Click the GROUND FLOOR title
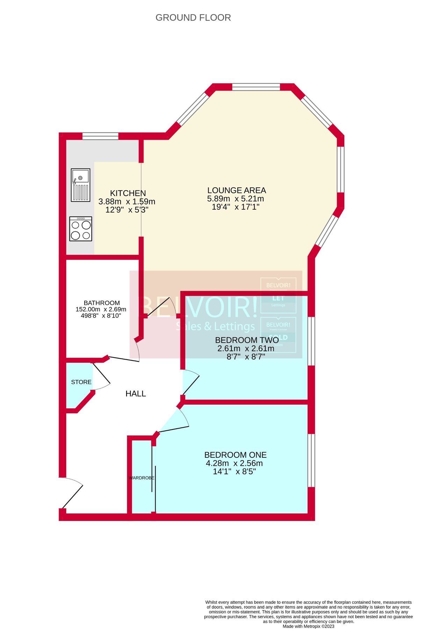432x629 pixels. click(x=193, y=17)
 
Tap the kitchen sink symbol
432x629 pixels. click(x=80, y=185)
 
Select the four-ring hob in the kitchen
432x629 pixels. click(x=81, y=229)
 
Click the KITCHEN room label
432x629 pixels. click(x=128, y=193)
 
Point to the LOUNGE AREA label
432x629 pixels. click(x=237, y=190)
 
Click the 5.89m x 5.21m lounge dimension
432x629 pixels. click(x=235, y=199)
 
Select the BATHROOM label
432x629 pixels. click(x=102, y=303)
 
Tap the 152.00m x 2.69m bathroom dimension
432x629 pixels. click(x=101, y=309)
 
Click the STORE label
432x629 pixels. click(x=81, y=382)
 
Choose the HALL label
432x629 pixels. click(x=136, y=394)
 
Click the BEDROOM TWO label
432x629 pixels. click(x=247, y=340)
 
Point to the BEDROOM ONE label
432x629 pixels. click(x=235, y=455)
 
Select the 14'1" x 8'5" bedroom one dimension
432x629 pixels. click(x=234, y=471)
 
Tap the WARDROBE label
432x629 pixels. click(x=141, y=478)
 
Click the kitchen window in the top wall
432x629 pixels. click(x=100, y=136)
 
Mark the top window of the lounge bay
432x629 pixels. click(x=256, y=87)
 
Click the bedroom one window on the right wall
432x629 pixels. click(x=311, y=460)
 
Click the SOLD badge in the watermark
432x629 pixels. click(x=278, y=335)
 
